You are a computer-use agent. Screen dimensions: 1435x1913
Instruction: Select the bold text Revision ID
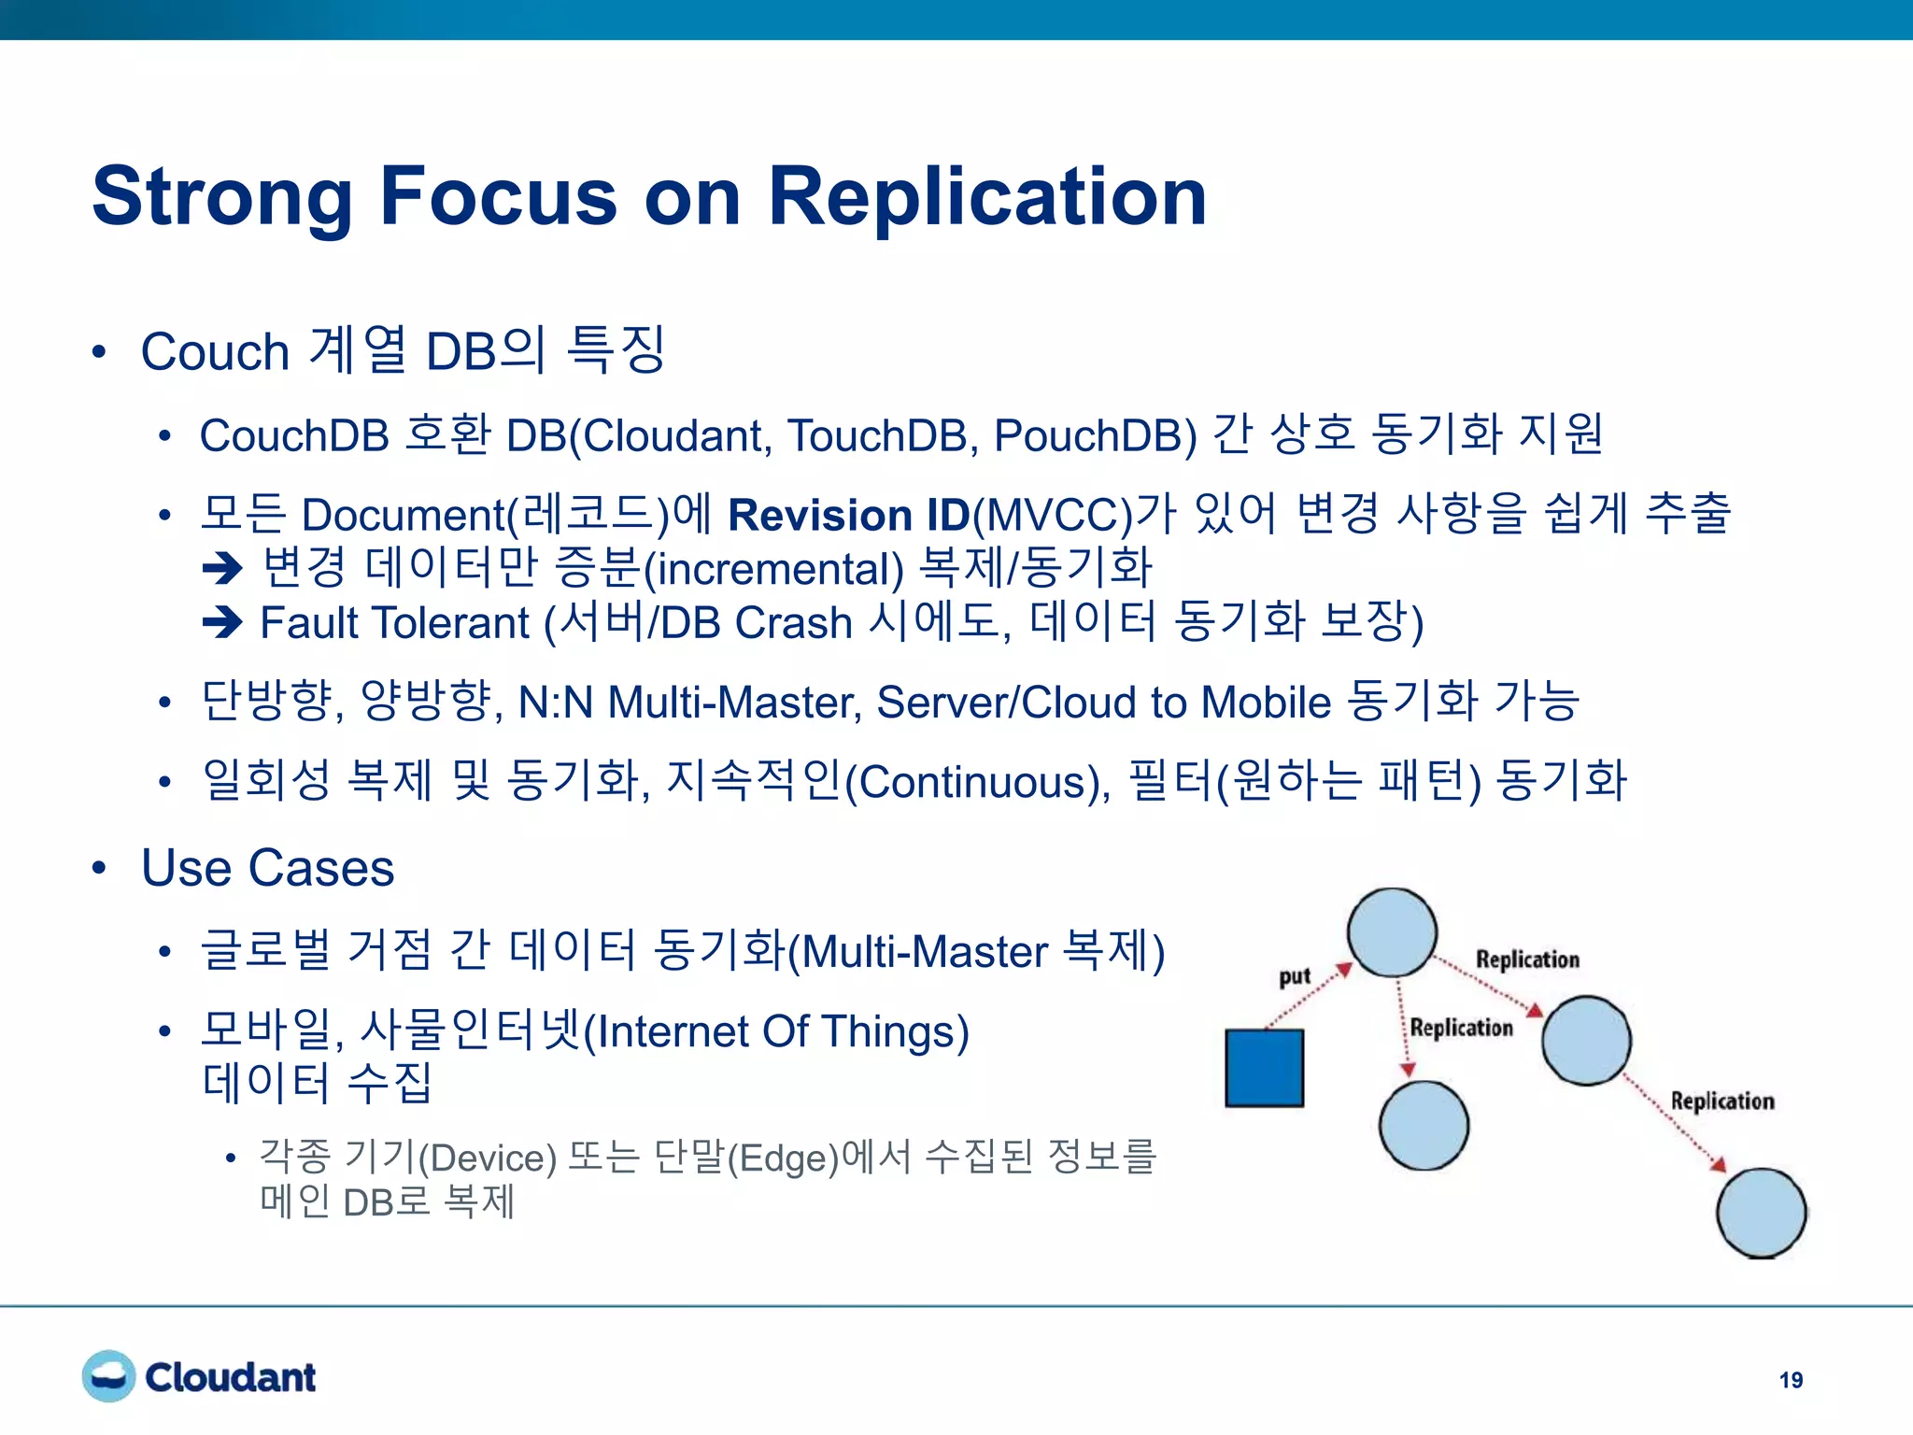tap(848, 515)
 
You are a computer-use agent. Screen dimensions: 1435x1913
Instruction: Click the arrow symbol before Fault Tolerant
tap(222, 622)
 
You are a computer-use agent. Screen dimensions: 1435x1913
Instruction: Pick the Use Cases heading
tap(268, 868)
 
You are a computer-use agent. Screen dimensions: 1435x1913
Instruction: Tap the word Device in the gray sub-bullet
tap(488, 1158)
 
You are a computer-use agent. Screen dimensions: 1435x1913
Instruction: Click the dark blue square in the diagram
tap(1264, 1068)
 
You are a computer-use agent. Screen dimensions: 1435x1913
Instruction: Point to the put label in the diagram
tap(1295, 976)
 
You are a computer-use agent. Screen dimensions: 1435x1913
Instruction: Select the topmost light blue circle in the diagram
tap(1392, 932)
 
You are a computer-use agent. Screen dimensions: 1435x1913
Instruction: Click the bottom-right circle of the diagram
tap(1762, 1213)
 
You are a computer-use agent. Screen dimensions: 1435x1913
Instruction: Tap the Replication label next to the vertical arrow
tap(1461, 1028)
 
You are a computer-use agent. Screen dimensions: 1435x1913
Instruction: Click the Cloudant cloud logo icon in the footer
tap(108, 1376)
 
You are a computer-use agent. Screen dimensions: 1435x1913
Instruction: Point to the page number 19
tap(1791, 1380)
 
